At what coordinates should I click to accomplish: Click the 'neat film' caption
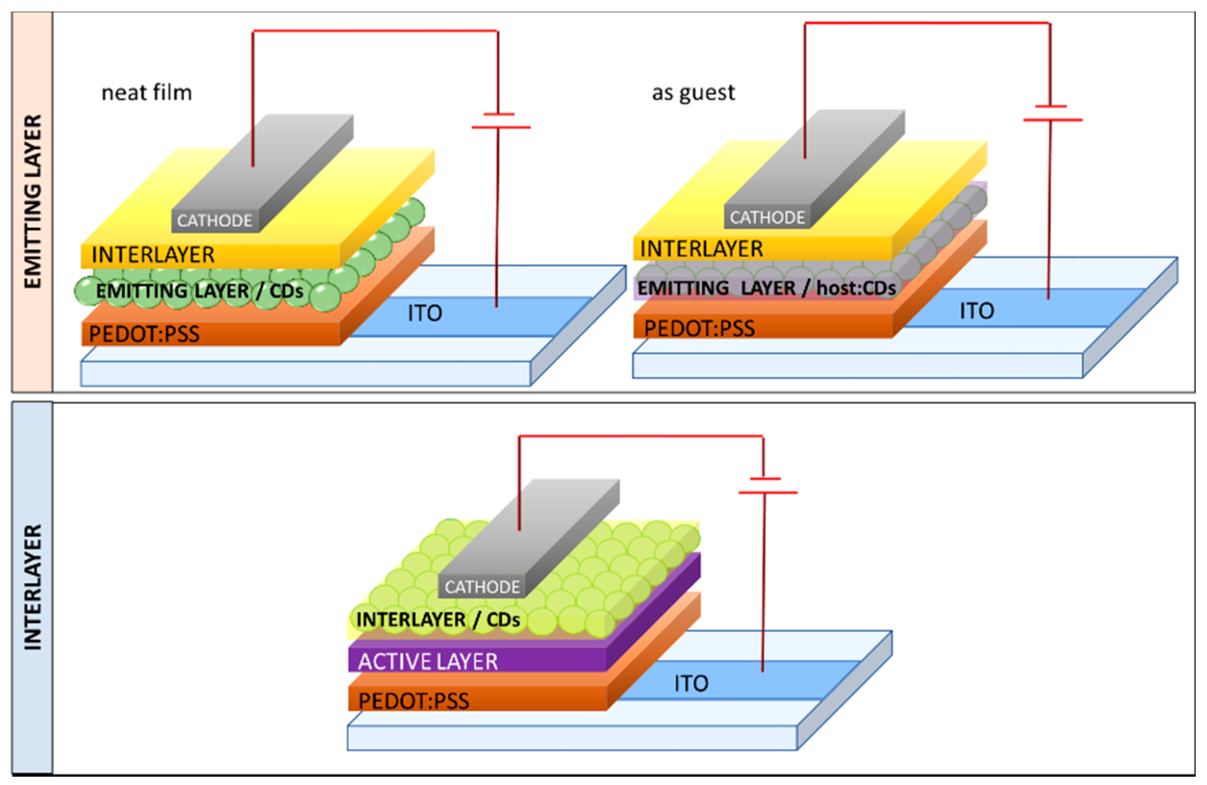coord(146,93)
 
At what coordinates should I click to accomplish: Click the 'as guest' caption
coord(693,93)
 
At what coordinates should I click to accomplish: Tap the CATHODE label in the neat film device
coord(215,221)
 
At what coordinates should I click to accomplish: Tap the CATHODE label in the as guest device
coord(767,217)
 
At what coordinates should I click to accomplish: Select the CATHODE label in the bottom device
coord(482,587)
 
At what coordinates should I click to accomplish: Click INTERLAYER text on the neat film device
coord(153,254)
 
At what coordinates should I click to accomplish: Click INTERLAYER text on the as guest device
coord(701,249)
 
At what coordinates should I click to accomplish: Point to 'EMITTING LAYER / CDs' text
coord(199,291)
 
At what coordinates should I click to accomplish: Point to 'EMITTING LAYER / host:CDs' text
coord(766,288)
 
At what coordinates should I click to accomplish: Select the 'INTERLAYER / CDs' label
coord(438,619)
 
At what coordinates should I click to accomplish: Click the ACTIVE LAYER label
coord(428,662)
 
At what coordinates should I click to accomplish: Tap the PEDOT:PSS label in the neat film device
coord(144,334)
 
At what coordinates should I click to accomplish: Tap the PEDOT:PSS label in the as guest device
coord(699,328)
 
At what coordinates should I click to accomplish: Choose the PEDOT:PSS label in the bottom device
coord(413,701)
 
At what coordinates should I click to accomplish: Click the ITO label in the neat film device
coord(425,313)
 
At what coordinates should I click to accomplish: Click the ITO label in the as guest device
coord(976,310)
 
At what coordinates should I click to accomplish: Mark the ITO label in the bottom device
coord(691,683)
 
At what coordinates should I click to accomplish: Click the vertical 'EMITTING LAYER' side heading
coord(32,201)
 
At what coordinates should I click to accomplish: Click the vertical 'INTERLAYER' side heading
coord(32,587)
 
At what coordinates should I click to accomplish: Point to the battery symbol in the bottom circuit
coord(766,485)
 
